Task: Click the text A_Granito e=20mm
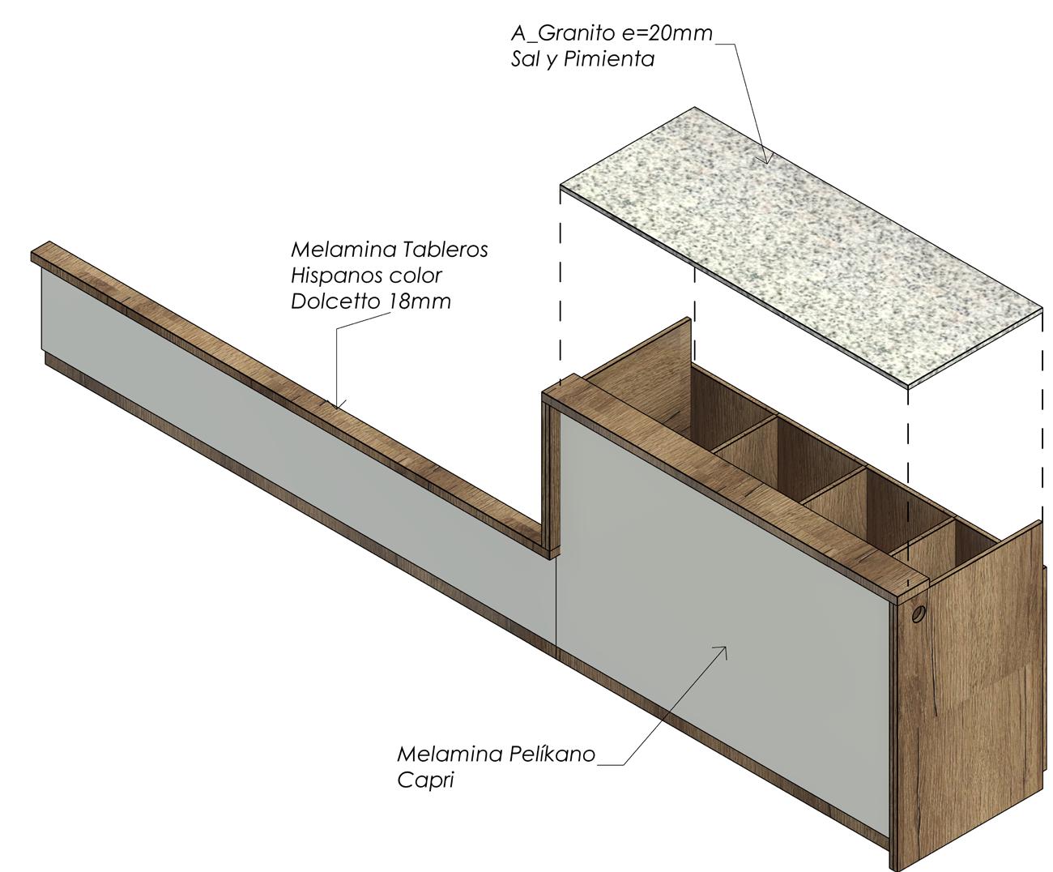click(612, 33)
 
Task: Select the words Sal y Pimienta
click(582, 59)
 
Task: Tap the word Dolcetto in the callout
click(335, 301)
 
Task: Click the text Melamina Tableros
click(390, 250)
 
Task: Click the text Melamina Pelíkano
click(496, 754)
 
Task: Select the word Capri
click(426, 780)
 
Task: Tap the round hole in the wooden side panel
click(918, 613)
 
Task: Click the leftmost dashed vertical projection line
click(561, 284)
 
